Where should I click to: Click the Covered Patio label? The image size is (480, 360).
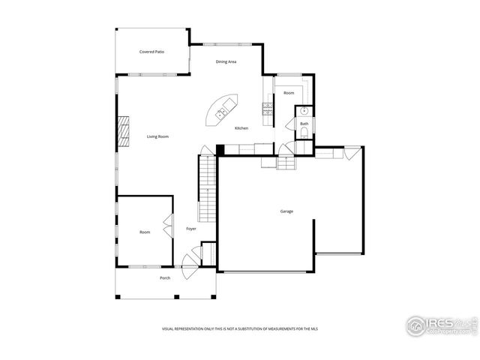coord(151,52)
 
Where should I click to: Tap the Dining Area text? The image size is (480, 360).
coord(226,61)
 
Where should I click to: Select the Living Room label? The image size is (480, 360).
coord(157,136)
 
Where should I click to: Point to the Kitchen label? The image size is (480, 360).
coord(241,128)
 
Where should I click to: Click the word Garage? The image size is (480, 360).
coord(286,211)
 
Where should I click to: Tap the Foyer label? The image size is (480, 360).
coord(191,229)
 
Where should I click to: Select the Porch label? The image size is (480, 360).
coord(165,278)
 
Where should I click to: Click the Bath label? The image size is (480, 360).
coord(304,123)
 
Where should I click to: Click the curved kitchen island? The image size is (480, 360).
coord(222,111)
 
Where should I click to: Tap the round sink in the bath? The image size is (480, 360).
coord(304,112)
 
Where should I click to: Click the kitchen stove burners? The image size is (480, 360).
coord(266,109)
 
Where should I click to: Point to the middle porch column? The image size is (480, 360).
coord(175,297)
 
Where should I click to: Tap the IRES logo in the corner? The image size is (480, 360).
coord(439,325)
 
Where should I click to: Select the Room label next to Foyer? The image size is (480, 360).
coord(145,232)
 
